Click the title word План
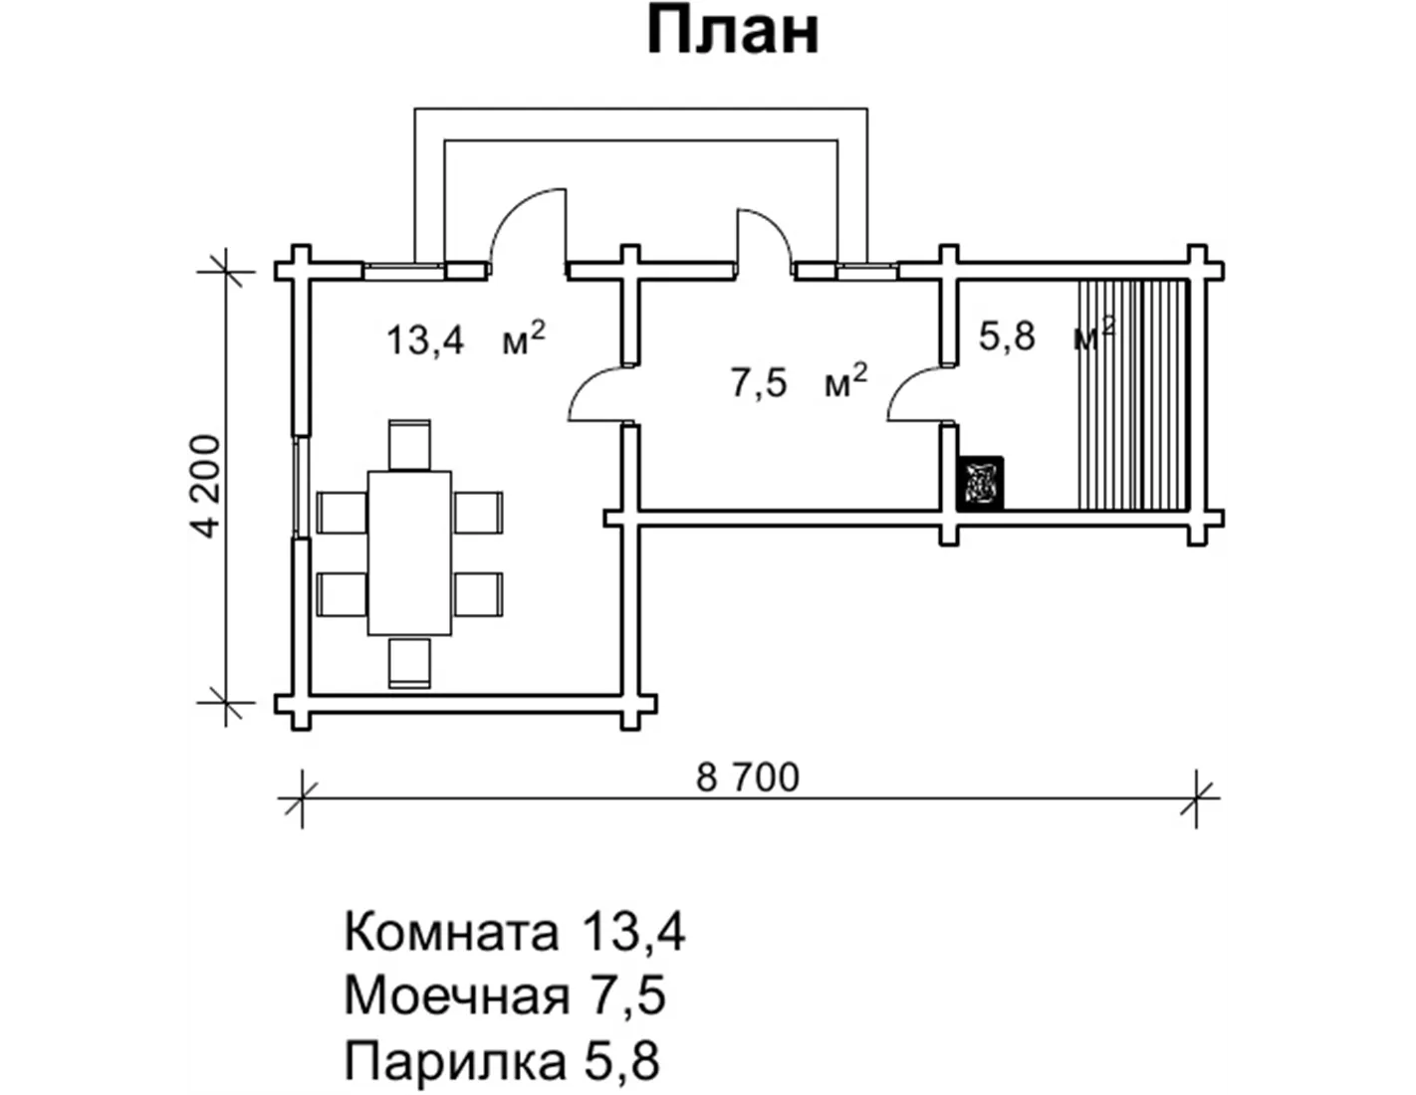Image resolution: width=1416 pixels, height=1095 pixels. coord(733,34)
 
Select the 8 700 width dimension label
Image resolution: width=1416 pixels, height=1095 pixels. coord(748,777)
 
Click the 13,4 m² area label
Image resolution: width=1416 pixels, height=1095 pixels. coord(465,339)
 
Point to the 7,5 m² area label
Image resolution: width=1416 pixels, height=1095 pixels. coord(800,381)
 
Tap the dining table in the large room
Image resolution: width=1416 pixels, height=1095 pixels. coord(409,552)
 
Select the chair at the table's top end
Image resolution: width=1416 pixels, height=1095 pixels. coord(409,445)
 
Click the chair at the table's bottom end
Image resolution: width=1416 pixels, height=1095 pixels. coord(409,662)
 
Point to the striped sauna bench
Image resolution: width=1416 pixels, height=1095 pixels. coord(1133,395)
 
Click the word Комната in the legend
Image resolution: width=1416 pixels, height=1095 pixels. coord(451,932)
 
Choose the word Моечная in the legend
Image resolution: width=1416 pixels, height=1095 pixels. coord(457,996)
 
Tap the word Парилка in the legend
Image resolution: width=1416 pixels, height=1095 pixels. coord(455,1061)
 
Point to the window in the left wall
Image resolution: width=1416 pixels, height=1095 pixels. coord(298,487)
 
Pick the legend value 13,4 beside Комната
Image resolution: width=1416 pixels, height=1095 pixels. coord(632,932)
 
